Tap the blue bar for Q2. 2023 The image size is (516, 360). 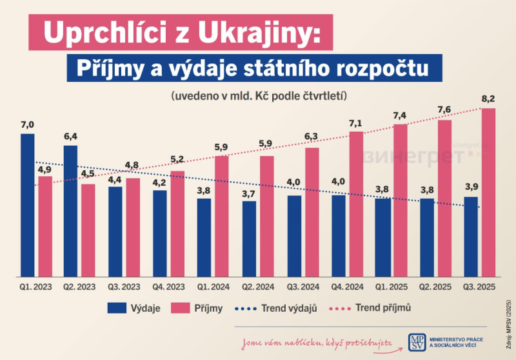pos(70,210)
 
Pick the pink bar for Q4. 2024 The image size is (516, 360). pos(356,203)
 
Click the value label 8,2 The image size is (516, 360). pos(488,99)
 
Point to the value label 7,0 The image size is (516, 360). pos(27,125)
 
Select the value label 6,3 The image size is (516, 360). pos(312,137)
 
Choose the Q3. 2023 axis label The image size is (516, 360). pos(123,285)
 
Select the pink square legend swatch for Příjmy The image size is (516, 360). pos(181,309)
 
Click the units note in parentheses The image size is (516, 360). pos(259,95)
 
